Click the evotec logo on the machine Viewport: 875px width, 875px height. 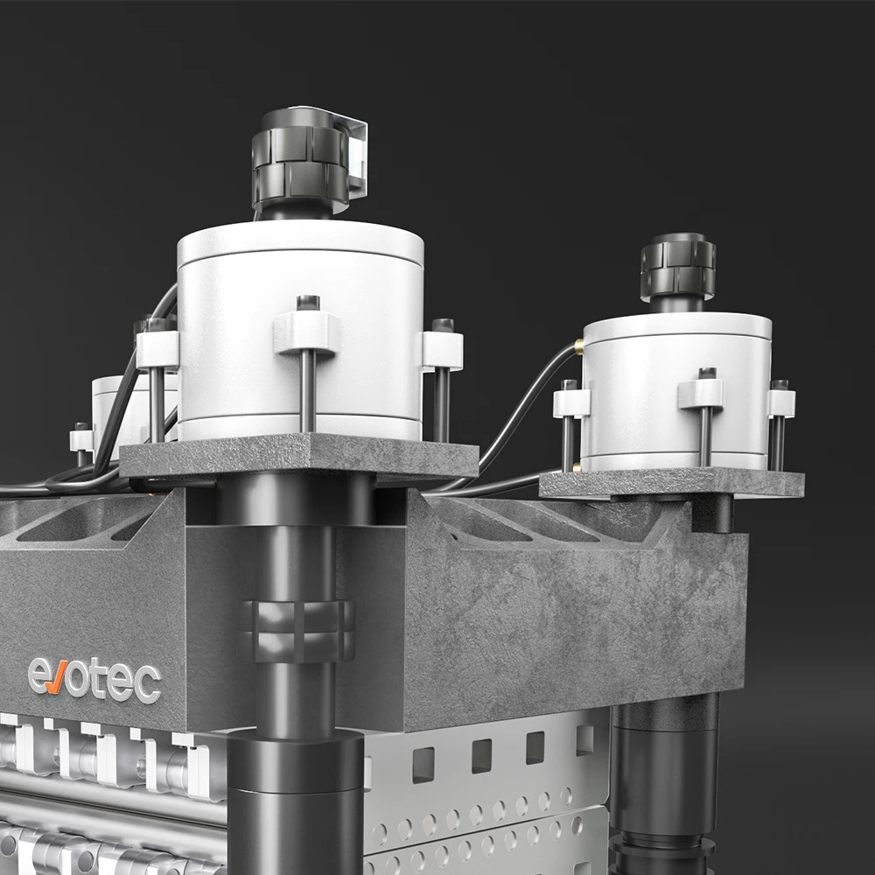(x=94, y=679)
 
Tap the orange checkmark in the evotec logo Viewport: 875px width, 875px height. (x=56, y=677)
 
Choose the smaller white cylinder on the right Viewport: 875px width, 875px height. (x=677, y=390)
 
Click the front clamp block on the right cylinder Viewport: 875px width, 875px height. (x=701, y=394)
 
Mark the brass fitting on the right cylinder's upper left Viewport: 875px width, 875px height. (x=579, y=346)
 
